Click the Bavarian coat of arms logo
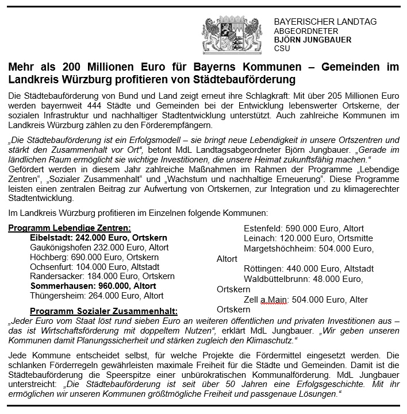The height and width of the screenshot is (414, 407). coord(236,35)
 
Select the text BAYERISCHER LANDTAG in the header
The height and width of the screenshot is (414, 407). coord(325,22)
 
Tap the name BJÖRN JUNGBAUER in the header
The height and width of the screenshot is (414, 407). coord(312,40)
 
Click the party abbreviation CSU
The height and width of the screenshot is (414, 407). coord(282,49)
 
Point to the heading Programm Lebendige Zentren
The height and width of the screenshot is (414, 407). coord(70,228)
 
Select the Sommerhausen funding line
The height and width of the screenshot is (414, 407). coord(93,286)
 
